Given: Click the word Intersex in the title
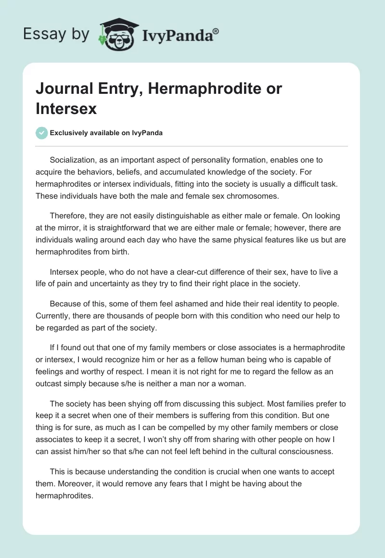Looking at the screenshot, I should [x=66, y=109].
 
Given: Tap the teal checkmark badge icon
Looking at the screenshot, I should [x=42, y=133].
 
